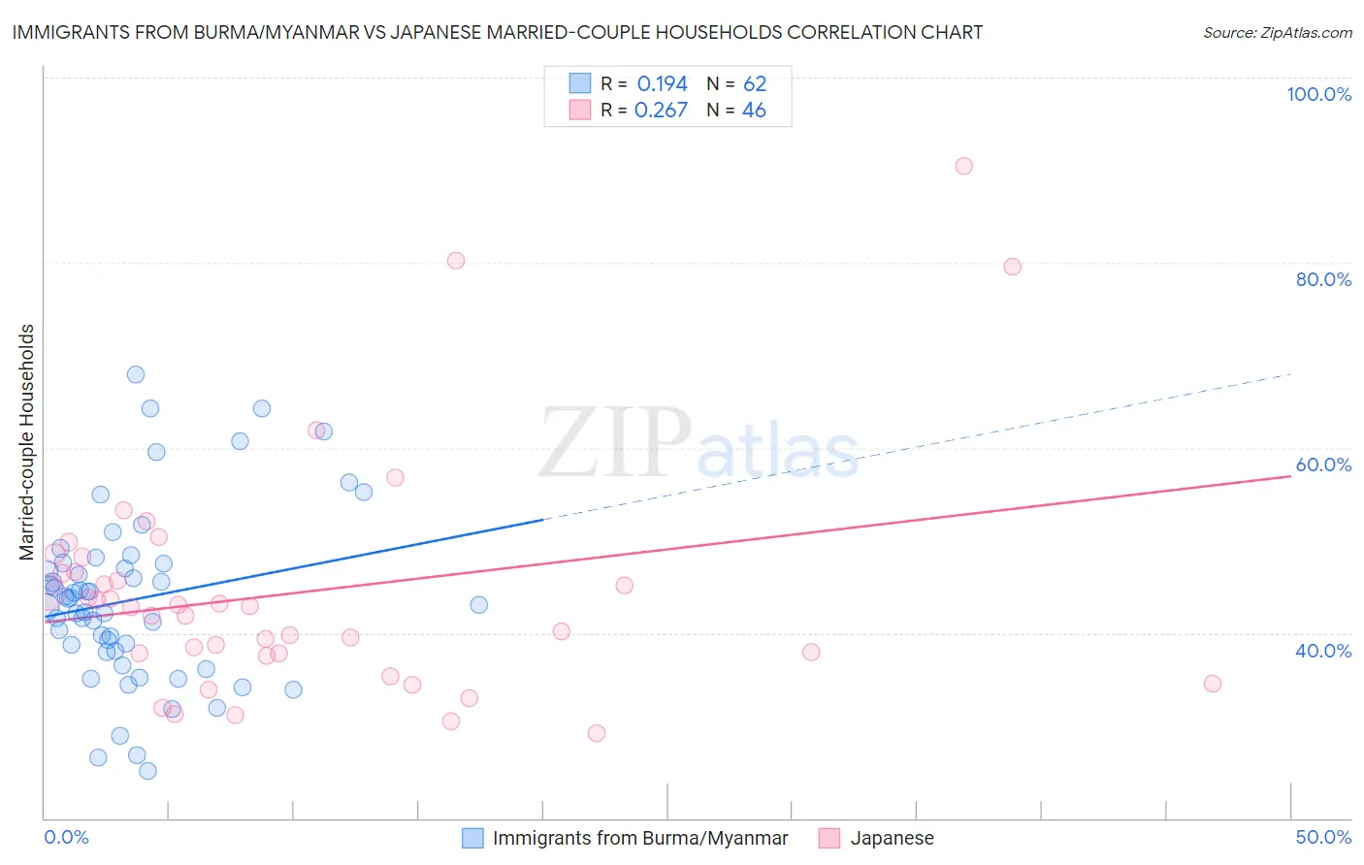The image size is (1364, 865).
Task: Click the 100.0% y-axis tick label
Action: pos(1318,94)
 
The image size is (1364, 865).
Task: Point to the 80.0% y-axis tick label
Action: pos(1323,279)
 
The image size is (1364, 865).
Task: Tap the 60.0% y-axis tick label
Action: pos(1323,465)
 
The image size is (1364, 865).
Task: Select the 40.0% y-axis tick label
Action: pos(1323,651)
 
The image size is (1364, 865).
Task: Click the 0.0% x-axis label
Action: pos(66,837)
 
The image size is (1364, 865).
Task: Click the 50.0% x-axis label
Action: pos(1323,837)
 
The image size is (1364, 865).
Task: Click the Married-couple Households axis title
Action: pos(27,442)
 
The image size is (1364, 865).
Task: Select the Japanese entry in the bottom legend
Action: pos(892,838)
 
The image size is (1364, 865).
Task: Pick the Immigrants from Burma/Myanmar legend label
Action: pos(640,838)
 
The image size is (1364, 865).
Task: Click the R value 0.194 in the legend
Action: pos(662,84)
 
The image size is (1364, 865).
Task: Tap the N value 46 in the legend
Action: pos(754,111)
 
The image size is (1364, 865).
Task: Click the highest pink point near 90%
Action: pos(963,166)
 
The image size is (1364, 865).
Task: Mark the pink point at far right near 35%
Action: pos(1212,684)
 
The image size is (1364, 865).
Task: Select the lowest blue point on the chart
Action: pos(147,771)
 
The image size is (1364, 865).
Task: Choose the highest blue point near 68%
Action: pos(136,374)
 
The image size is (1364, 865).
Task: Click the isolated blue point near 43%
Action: pos(478,605)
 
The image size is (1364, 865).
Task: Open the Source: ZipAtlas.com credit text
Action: pos(1277,32)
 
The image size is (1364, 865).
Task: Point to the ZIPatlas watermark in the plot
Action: pos(698,443)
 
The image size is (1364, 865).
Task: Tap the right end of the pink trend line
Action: pos(1290,476)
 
